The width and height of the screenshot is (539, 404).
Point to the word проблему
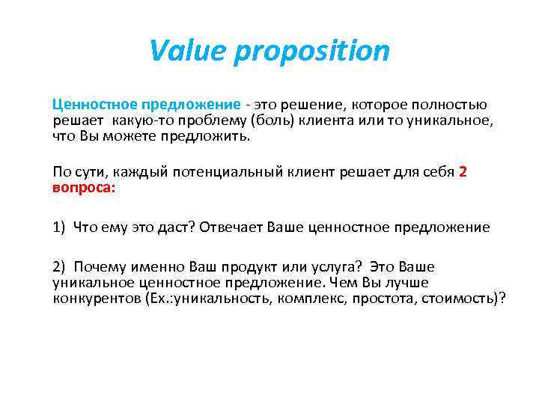coord(213,120)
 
